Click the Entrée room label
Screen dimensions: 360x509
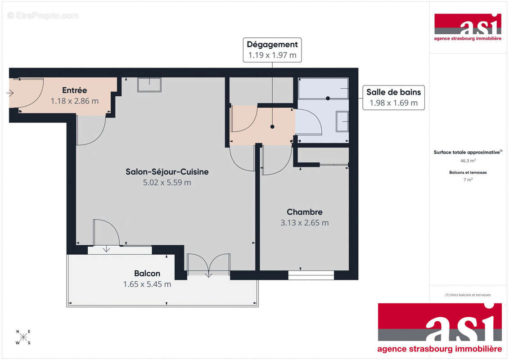pyautogui.click(x=74, y=90)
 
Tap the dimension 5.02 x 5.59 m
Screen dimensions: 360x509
pyautogui.click(x=167, y=182)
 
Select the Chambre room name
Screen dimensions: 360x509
pyautogui.click(x=305, y=212)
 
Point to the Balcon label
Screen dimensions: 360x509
pyautogui.click(x=147, y=273)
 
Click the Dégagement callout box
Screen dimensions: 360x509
pyautogui.click(x=272, y=49)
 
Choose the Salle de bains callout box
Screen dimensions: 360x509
pyautogui.click(x=393, y=97)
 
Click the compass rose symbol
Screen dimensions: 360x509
pyautogui.click(x=24, y=337)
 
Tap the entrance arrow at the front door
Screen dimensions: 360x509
pyautogui.click(x=10, y=93)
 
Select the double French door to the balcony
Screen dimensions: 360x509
pyautogui.click(x=208, y=265)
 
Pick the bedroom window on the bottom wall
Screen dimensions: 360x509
pyautogui.click(x=311, y=274)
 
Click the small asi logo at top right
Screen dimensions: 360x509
pyautogui.click(x=468, y=27)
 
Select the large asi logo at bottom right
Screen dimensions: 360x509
pyautogui.click(x=440, y=328)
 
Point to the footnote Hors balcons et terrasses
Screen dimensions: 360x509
pyautogui.click(x=468, y=295)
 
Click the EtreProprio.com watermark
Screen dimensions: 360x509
pyautogui.click(x=43, y=16)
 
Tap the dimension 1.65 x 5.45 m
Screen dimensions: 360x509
pyautogui.click(x=147, y=284)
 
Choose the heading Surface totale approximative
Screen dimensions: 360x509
pyautogui.click(x=467, y=152)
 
